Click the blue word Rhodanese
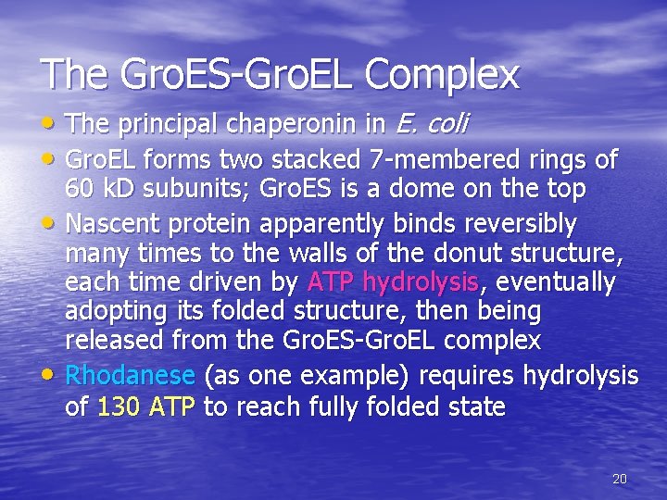pyautogui.click(x=130, y=375)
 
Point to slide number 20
pyautogui.click(x=620, y=479)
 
